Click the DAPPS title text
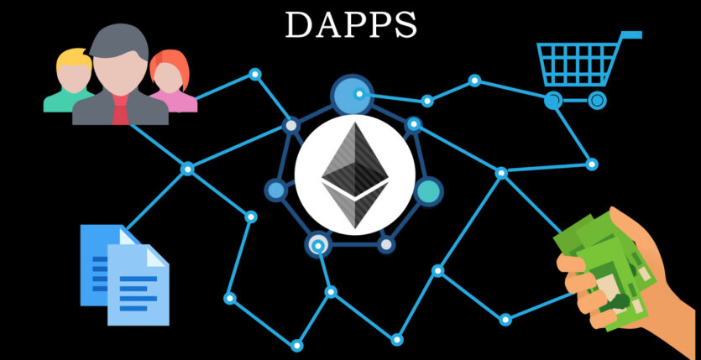click(351, 23)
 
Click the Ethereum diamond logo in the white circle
click(355, 175)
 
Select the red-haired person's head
click(169, 71)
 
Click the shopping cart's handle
click(631, 35)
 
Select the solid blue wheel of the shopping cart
click(553, 101)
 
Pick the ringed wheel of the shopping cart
click(597, 101)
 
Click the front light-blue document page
click(139, 286)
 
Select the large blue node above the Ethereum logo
click(352, 95)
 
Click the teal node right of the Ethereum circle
click(428, 191)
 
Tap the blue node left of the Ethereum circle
click(276, 190)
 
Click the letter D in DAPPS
click(298, 24)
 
